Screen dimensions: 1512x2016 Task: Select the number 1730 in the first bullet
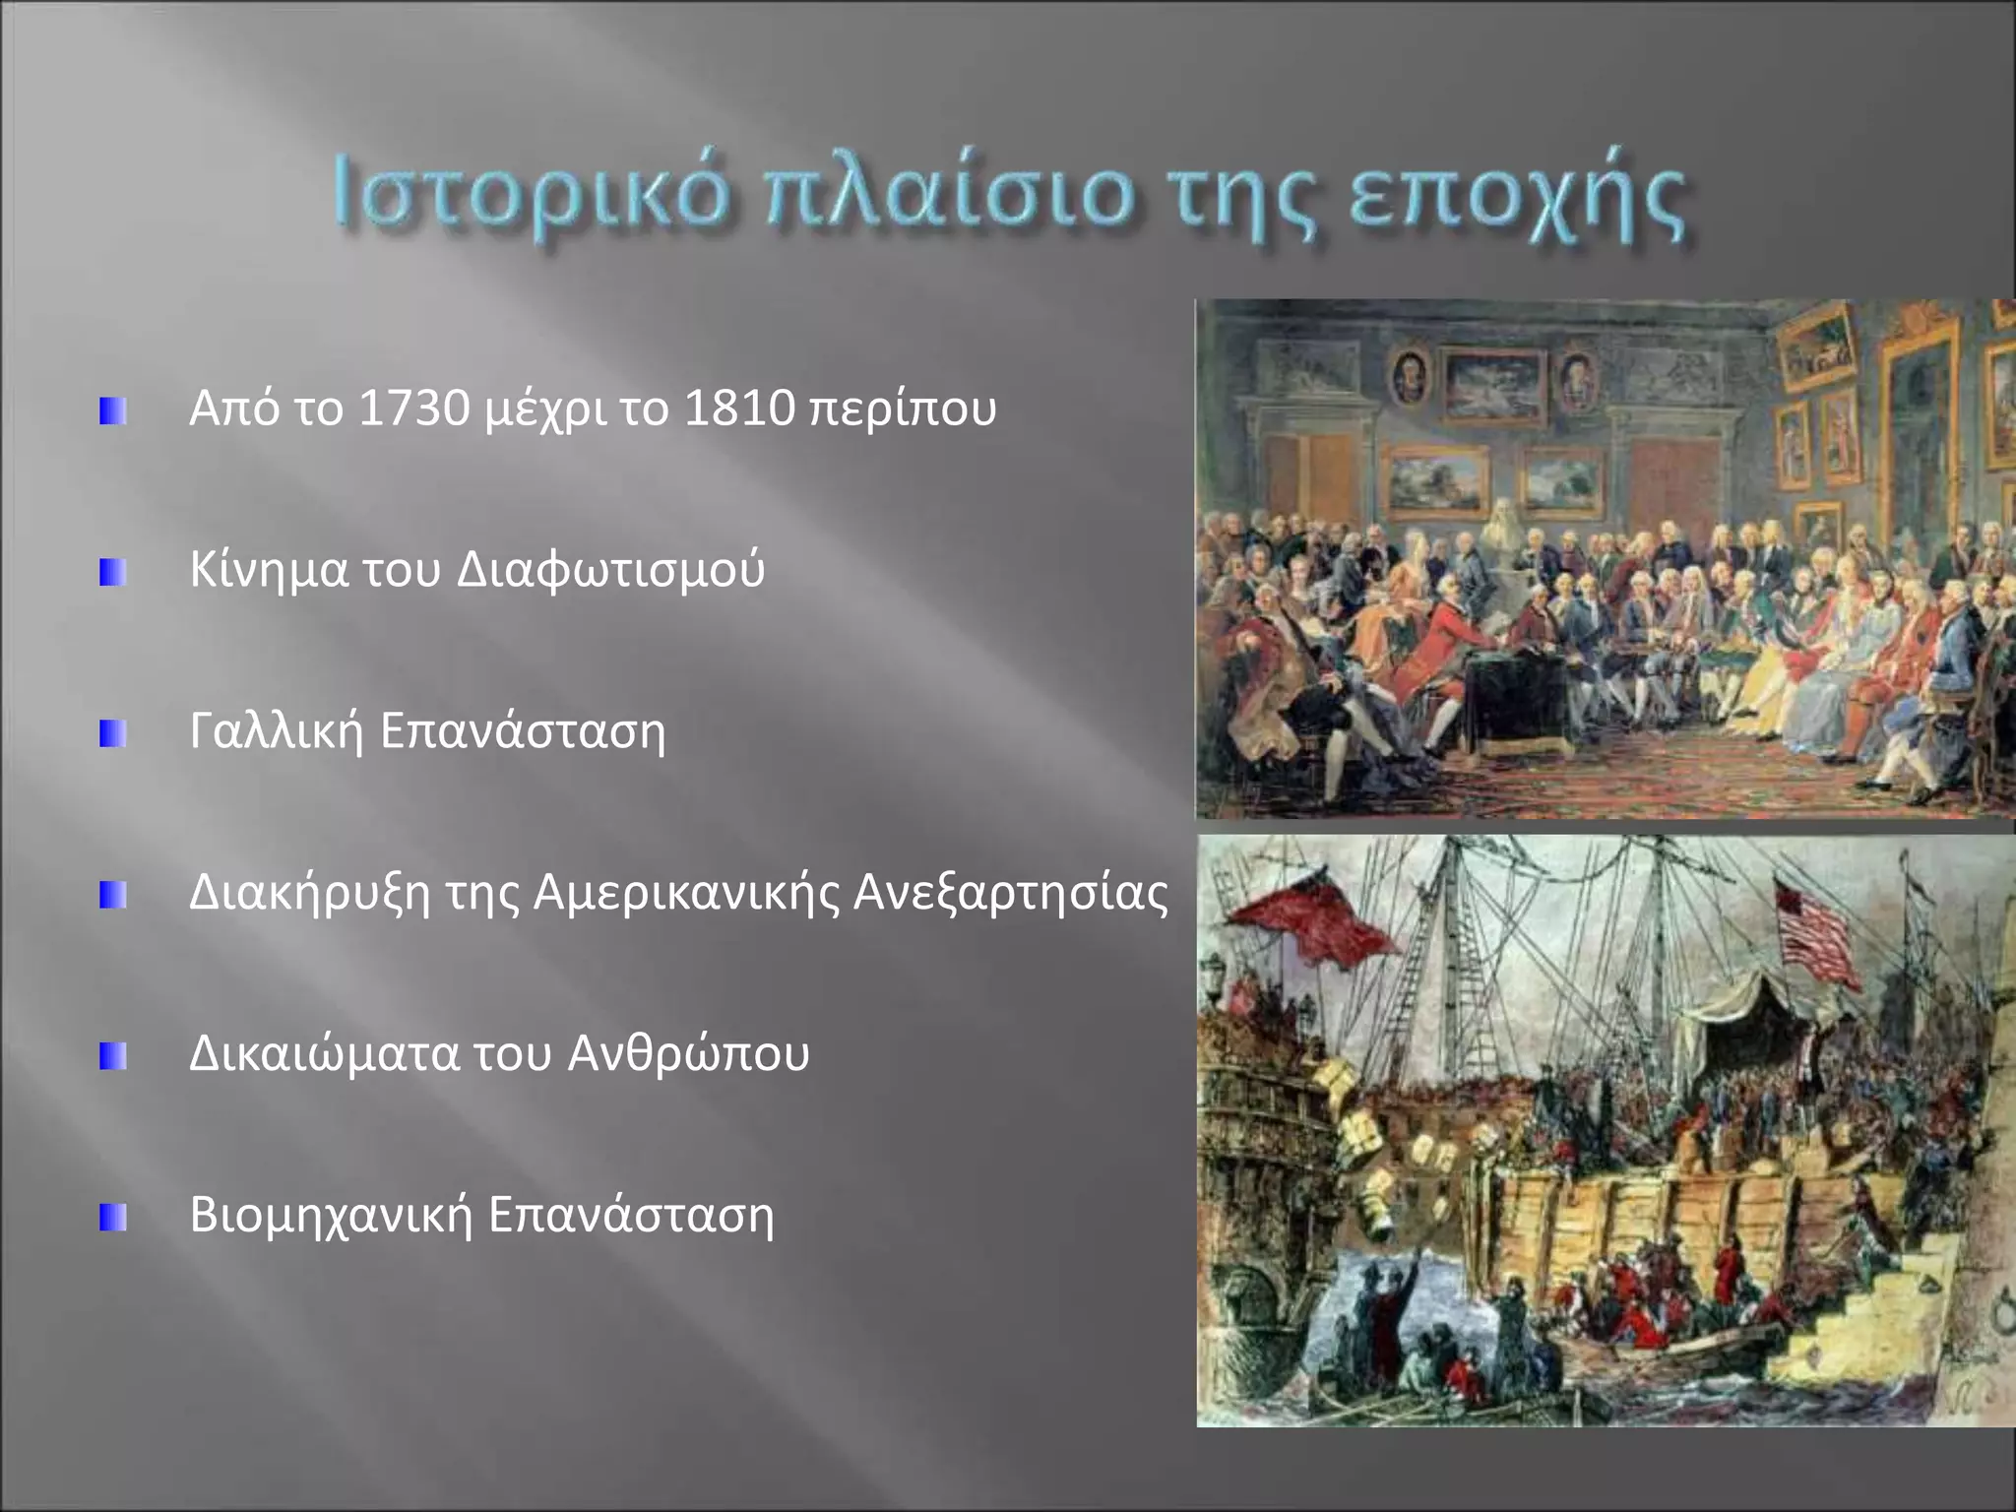pos(414,408)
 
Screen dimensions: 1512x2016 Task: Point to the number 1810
pos(739,408)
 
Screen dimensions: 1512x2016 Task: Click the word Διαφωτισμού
pos(611,569)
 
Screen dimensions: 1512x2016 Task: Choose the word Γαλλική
pos(277,730)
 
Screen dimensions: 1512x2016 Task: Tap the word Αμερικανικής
pos(686,893)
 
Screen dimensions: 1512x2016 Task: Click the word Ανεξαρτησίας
pos(1011,893)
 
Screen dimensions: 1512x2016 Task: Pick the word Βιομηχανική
pos(332,1215)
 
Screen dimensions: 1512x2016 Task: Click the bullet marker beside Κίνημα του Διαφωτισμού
pos(112,572)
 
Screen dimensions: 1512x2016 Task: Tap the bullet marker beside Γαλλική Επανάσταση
pos(112,733)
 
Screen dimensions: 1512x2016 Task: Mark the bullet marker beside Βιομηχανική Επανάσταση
pos(112,1218)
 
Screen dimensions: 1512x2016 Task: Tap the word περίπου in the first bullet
pos(902,409)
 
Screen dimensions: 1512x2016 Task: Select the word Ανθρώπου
pos(689,1053)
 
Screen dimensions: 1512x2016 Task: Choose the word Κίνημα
pos(269,569)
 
